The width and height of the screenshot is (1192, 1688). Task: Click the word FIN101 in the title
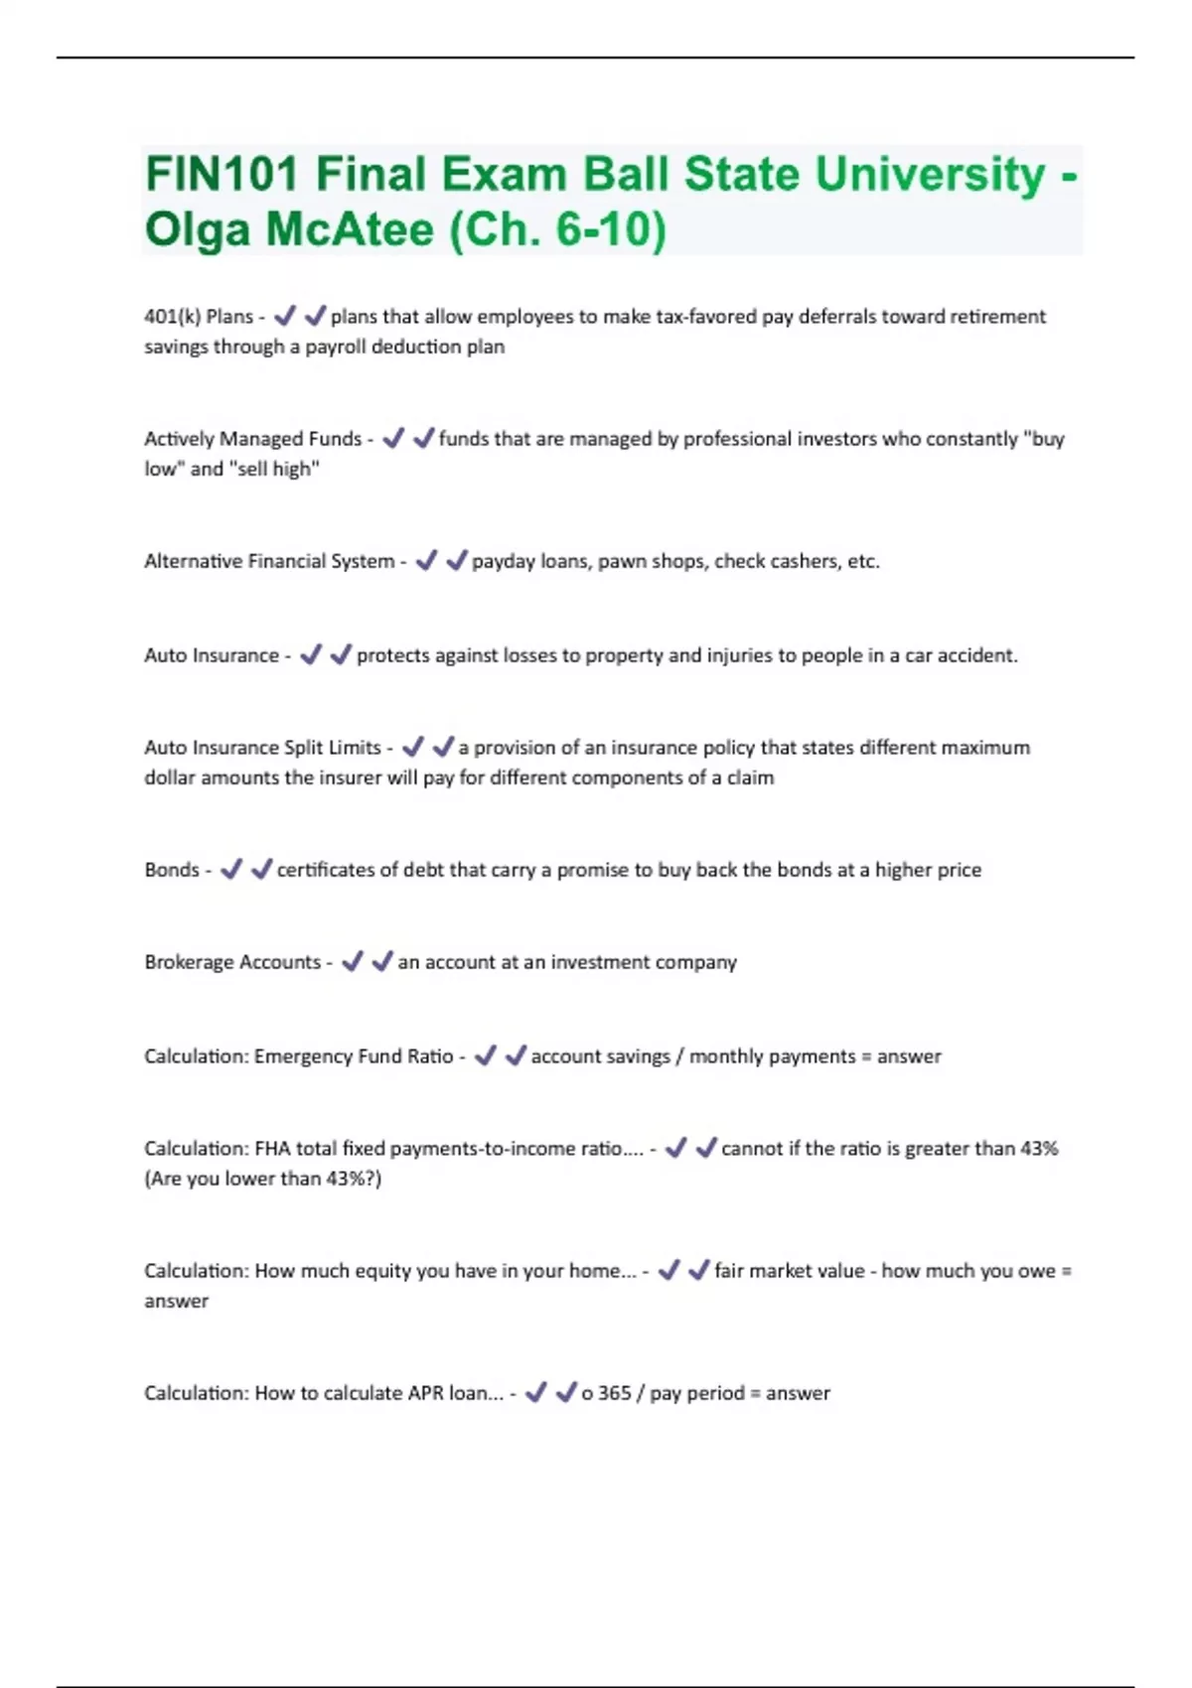point(222,175)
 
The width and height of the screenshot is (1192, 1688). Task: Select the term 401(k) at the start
point(171,317)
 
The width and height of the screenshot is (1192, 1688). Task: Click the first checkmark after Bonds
point(231,870)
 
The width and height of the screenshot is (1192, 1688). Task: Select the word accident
point(978,655)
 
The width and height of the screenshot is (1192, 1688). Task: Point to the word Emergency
point(303,1056)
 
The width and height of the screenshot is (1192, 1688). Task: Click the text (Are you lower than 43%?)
point(263,1179)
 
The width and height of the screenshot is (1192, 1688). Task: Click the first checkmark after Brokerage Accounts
point(353,962)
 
